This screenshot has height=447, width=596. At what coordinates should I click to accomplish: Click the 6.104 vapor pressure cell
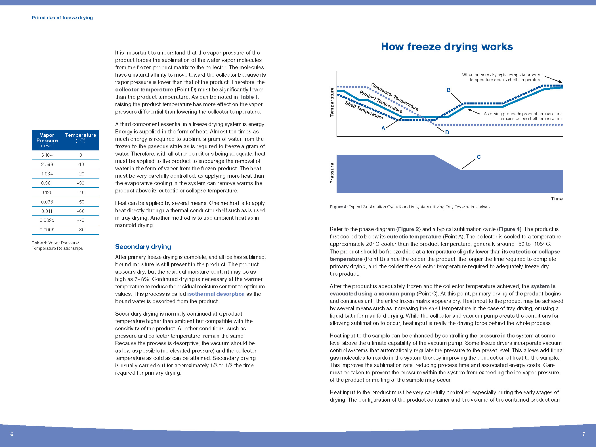[x=47, y=155]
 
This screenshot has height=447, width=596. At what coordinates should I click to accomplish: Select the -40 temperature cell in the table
[x=81, y=192]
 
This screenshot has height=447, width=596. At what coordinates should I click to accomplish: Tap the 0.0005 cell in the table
[x=47, y=230]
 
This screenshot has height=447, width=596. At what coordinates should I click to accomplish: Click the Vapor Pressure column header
[x=47, y=140]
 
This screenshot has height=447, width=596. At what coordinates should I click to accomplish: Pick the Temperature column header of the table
[x=81, y=138]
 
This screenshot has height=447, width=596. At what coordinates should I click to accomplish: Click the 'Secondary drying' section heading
[x=143, y=247]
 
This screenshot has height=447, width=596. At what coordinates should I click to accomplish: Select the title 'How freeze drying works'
[x=447, y=47]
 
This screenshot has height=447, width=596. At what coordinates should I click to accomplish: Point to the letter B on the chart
[x=448, y=90]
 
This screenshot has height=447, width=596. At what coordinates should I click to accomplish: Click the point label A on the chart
[x=383, y=128]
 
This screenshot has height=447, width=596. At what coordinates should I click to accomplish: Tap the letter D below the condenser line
[x=447, y=132]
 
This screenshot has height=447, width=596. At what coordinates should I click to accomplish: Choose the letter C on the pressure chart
[x=479, y=157]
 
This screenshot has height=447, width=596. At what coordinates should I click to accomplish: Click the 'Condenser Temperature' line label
[x=395, y=97]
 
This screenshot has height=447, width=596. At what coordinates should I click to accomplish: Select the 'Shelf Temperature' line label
[x=364, y=110]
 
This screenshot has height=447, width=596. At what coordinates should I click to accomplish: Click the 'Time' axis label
[x=557, y=199]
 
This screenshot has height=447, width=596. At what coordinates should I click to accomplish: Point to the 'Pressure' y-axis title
[x=332, y=173]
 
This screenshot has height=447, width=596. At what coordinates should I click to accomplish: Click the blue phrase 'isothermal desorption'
[x=216, y=294]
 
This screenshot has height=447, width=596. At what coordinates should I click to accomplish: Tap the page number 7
[x=584, y=434]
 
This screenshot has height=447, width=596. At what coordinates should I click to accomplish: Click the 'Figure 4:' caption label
[x=338, y=207]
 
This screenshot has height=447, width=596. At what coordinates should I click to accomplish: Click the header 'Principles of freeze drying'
[x=62, y=18]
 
